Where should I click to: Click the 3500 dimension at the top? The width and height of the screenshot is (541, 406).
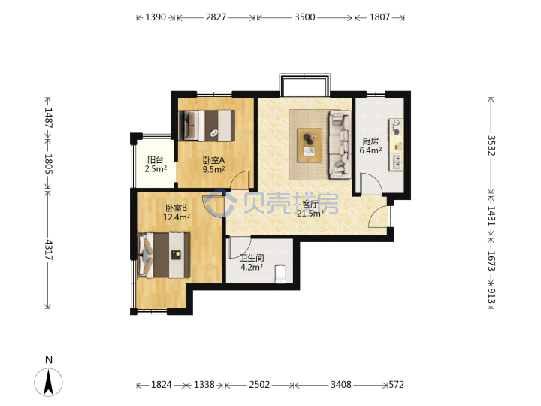[304, 17]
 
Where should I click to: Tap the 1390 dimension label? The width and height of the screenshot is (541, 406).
[156, 17]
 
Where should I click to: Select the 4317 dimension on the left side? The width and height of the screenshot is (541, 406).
[48, 250]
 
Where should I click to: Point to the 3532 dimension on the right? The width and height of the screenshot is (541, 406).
[491, 145]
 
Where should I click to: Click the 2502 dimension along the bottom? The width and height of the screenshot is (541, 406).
[259, 385]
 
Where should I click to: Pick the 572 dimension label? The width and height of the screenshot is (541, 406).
[396, 385]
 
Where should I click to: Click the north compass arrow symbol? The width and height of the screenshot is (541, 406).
[48, 382]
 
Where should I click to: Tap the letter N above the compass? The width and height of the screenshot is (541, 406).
[49, 359]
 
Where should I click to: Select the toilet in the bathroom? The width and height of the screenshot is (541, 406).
[280, 274]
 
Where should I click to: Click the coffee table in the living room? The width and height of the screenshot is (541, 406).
[310, 145]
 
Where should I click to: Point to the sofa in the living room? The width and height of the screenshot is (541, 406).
[340, 144]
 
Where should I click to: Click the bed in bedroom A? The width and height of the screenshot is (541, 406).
[207, 126]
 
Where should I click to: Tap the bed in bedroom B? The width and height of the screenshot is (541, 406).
[164, 255]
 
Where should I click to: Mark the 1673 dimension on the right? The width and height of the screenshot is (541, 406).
[491, 261]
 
